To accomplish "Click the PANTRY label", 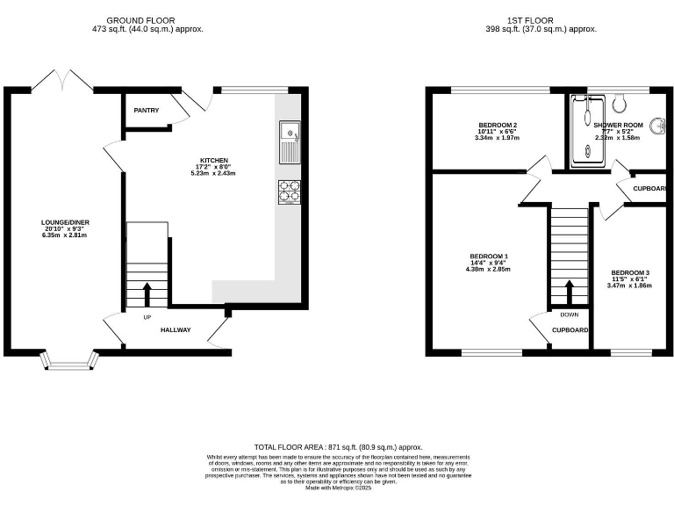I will click(x=146, y=111).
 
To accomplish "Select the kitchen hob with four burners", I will click(x=289, y=191).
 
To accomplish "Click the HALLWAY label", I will click(x=177, y=330).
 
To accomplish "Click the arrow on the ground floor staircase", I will click(x=147, y=293).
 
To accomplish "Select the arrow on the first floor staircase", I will click(x=569, y=291).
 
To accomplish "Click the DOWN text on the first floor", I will click(x=569, y=314).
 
